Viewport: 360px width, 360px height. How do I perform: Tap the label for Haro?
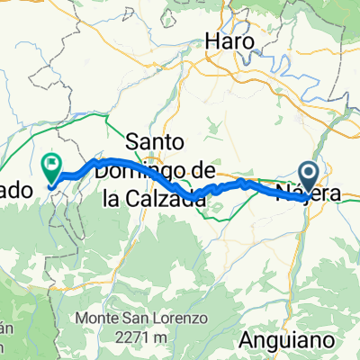[x=231, y=41]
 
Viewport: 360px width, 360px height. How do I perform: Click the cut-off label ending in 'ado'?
[x=17, y=191]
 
